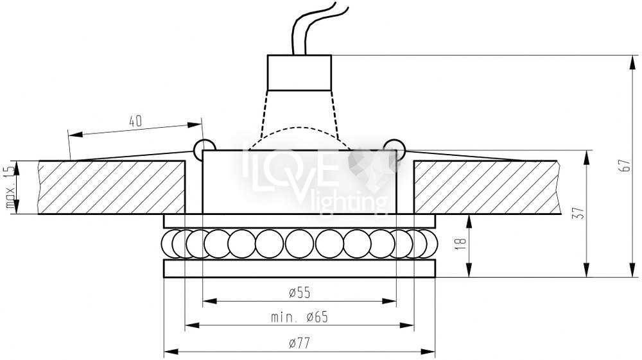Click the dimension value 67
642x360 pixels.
(626, 166)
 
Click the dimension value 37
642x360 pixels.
(580, 213)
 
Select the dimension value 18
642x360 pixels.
(462, 241)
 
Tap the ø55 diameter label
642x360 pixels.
(300, 293)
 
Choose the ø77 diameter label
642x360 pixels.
(300, 343)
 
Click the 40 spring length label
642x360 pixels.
(135, 121)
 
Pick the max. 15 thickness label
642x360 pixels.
(11, 187)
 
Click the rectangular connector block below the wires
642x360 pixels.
(299, 73)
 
